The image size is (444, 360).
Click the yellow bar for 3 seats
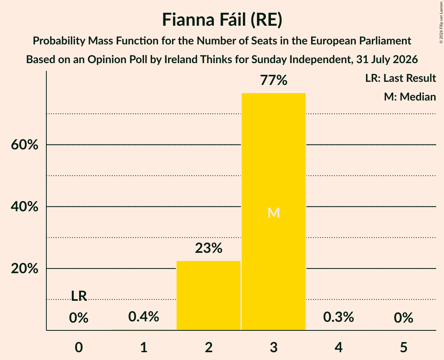(274, 212)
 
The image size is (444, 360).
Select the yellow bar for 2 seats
(209, 295)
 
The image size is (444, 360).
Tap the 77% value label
(274, 80)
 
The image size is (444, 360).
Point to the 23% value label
(209, 248)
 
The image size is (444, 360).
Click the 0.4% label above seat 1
(143, 316)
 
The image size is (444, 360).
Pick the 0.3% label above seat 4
(338, 317)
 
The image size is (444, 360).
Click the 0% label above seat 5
(403, 318)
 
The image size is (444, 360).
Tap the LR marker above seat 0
(79, 296)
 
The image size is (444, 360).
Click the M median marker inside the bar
(274, 213)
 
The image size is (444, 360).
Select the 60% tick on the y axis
(25, 145)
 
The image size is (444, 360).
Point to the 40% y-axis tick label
(25, 206)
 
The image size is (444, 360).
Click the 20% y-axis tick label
(25, 268)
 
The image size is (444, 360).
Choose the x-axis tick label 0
(79, 347)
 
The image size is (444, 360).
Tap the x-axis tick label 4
(339, 347)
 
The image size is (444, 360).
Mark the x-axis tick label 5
(403, 347)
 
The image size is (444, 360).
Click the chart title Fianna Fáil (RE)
(222, 20)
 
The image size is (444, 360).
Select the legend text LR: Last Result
(400, 78)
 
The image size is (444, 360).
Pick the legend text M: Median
(410, 97)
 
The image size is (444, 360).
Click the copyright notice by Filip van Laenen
(441, 22)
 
